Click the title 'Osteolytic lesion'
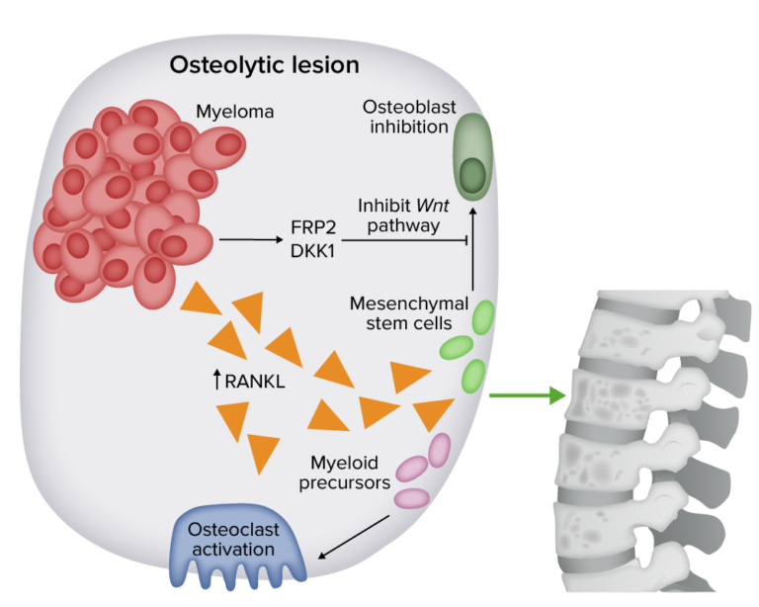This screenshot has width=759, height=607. coord(264,65)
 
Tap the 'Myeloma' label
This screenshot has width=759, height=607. coord(233,112)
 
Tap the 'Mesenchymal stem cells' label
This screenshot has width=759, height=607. coord(401,311)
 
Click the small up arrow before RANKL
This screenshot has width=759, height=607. coord(217,377)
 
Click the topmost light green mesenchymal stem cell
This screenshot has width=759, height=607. coord(483,318)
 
